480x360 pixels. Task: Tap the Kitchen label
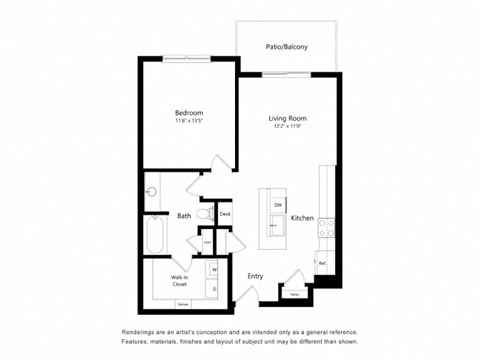coord(303,217)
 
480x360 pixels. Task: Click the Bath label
coord(184,215)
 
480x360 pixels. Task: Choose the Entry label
coord(255,276)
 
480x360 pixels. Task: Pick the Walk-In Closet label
coord(181,281)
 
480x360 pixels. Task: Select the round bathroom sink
coord(153,190)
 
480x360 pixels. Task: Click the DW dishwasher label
coord(277,204)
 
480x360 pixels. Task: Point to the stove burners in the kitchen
coord(325,229)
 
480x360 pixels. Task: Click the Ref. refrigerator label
coord(322,263)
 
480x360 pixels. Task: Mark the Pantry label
coord(294,295)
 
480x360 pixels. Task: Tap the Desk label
coord(225,213)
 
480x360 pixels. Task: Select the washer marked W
coord(214,270)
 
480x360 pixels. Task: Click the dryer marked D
coord(214,289)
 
